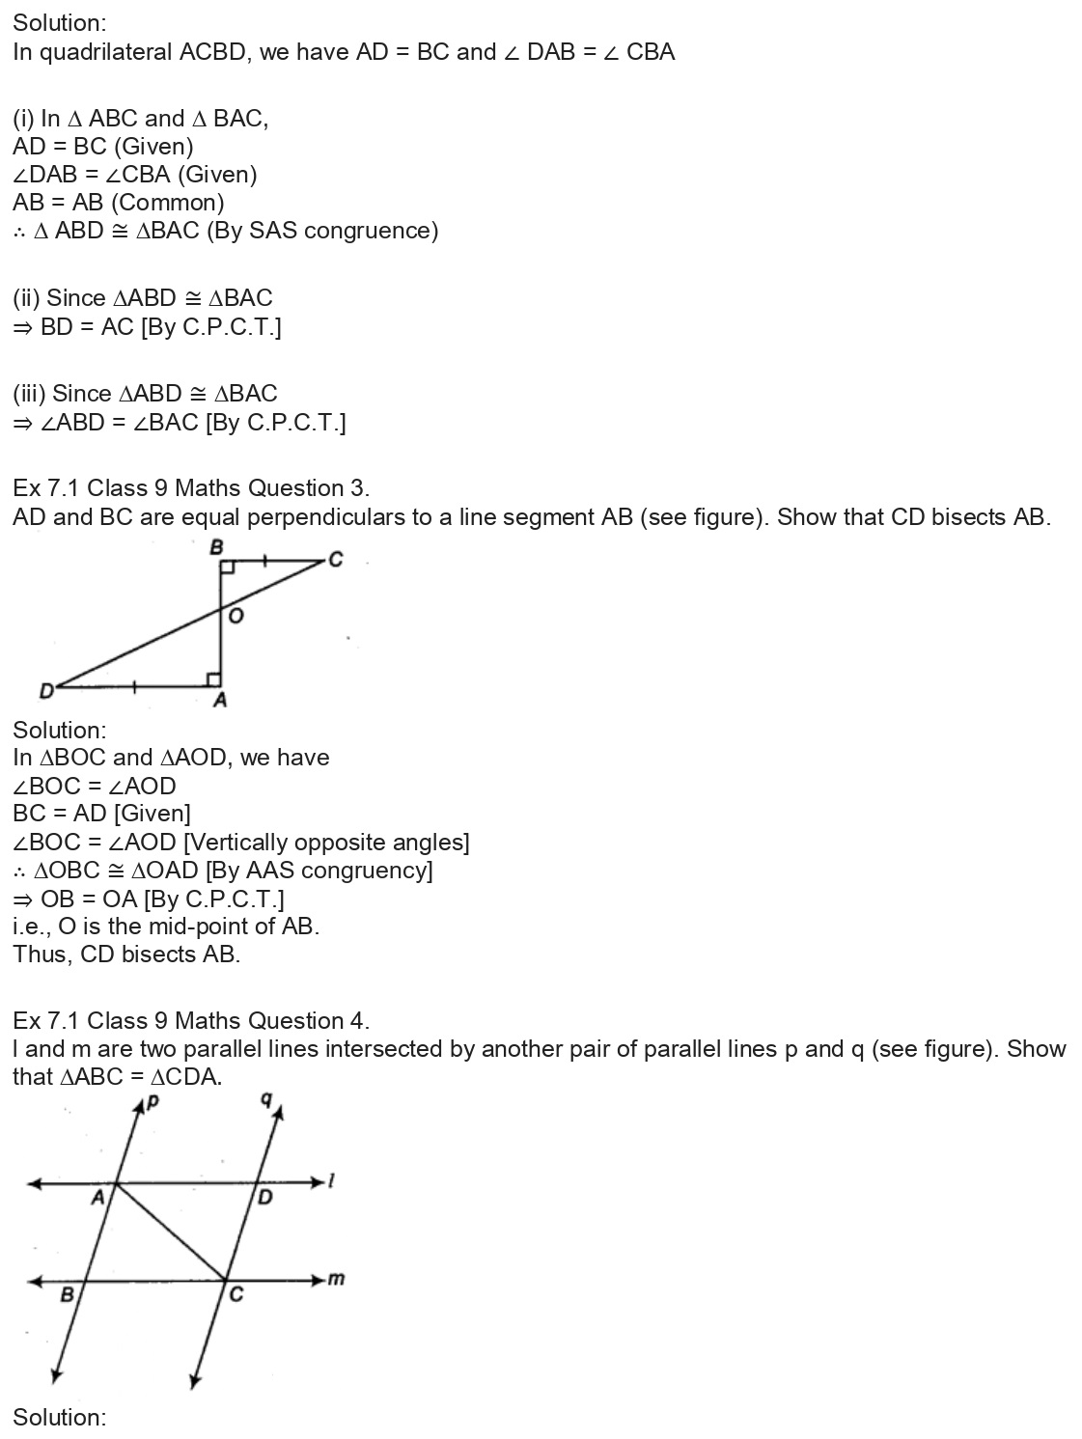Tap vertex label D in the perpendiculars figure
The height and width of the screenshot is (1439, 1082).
coord(44,690)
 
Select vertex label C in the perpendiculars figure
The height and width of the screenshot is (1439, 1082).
coord(335,559)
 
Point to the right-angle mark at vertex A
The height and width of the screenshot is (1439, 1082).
coord(214,679)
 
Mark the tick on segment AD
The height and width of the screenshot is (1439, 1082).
coord(134,687)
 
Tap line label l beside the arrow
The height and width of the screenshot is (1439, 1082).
coord(331,1180)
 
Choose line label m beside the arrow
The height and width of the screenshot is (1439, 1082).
coord(336,1280)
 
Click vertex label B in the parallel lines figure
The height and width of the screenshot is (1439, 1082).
coord(67,1294)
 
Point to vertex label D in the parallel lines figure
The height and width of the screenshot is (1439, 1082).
coord(265,1198)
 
